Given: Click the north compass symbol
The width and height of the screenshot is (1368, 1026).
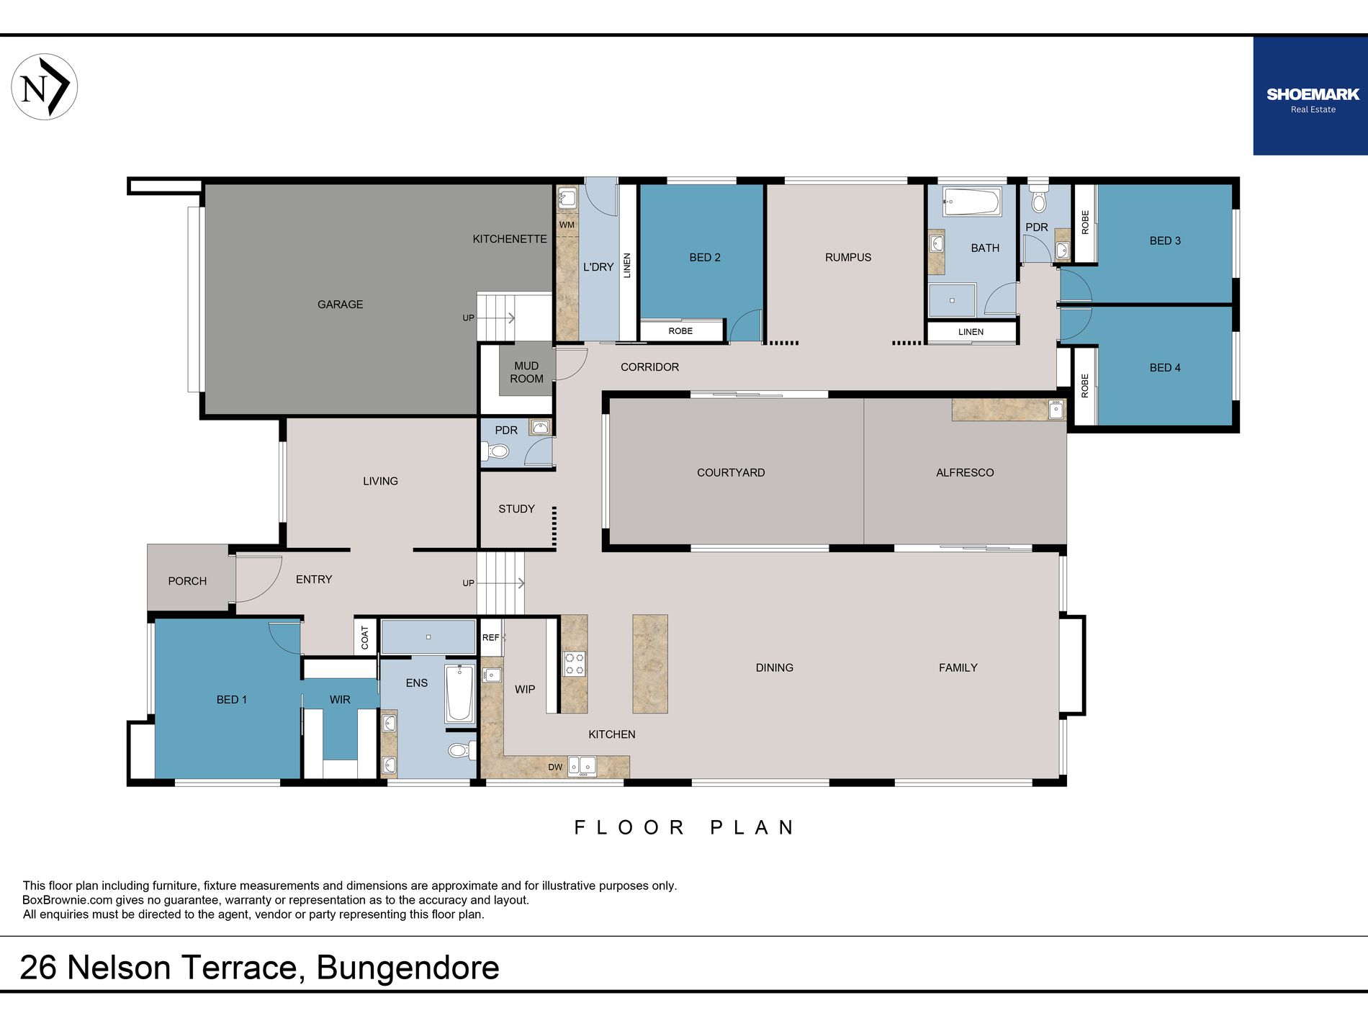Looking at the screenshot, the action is click(x=45, y=86).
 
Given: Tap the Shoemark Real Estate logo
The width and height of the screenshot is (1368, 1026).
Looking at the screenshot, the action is click(x=1310, y=96).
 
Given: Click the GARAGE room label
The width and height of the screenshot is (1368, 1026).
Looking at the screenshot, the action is click(x=341, y=305).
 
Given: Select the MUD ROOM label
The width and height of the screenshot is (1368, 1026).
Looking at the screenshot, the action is click(x=526, y=372).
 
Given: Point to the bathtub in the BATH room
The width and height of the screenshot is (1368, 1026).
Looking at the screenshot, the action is click(x=971, y=202).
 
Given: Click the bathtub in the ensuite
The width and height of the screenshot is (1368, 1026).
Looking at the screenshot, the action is click(x=459, y=694).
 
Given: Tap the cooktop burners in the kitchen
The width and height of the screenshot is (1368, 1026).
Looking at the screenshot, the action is click(x=574, y=664).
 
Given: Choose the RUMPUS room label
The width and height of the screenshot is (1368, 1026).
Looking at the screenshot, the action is click(x=848, y=257).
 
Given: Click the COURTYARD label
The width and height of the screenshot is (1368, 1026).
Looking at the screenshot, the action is click(x=731, y=472).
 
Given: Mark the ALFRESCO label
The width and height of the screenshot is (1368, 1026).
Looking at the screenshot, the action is click(x=965, y=472).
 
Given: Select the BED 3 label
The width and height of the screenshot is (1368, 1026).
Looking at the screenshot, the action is click(x=1165, y=240).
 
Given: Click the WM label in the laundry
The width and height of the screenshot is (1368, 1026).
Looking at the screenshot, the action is click(x=567, y=225).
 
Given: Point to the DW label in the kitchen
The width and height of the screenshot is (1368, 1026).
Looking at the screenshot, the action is click(x=555, y=767).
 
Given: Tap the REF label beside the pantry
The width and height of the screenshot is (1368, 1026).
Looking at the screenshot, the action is click(x=491, y=637).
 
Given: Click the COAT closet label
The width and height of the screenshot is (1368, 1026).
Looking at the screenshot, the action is click(x=365, y=637).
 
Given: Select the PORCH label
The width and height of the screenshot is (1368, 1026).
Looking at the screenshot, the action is click(x=187, y=581).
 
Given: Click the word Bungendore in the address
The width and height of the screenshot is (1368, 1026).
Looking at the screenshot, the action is click(x=408, y=968).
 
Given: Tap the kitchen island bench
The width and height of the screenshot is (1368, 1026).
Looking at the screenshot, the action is click(x=650, y=664).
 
